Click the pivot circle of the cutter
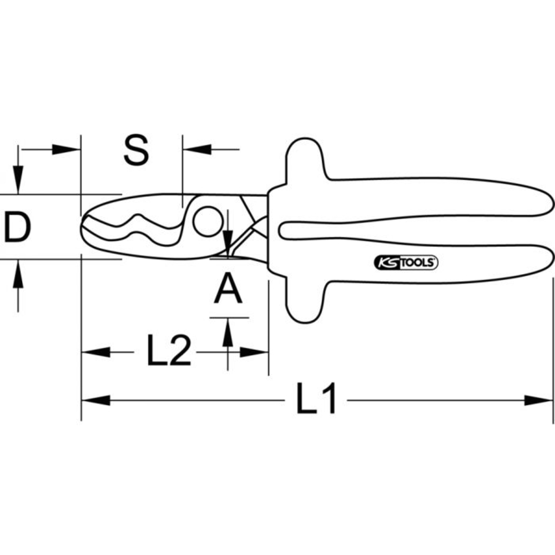[206, 220]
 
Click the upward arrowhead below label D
[18, 273]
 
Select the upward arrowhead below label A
[228, 332]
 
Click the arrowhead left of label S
[67, 149]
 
